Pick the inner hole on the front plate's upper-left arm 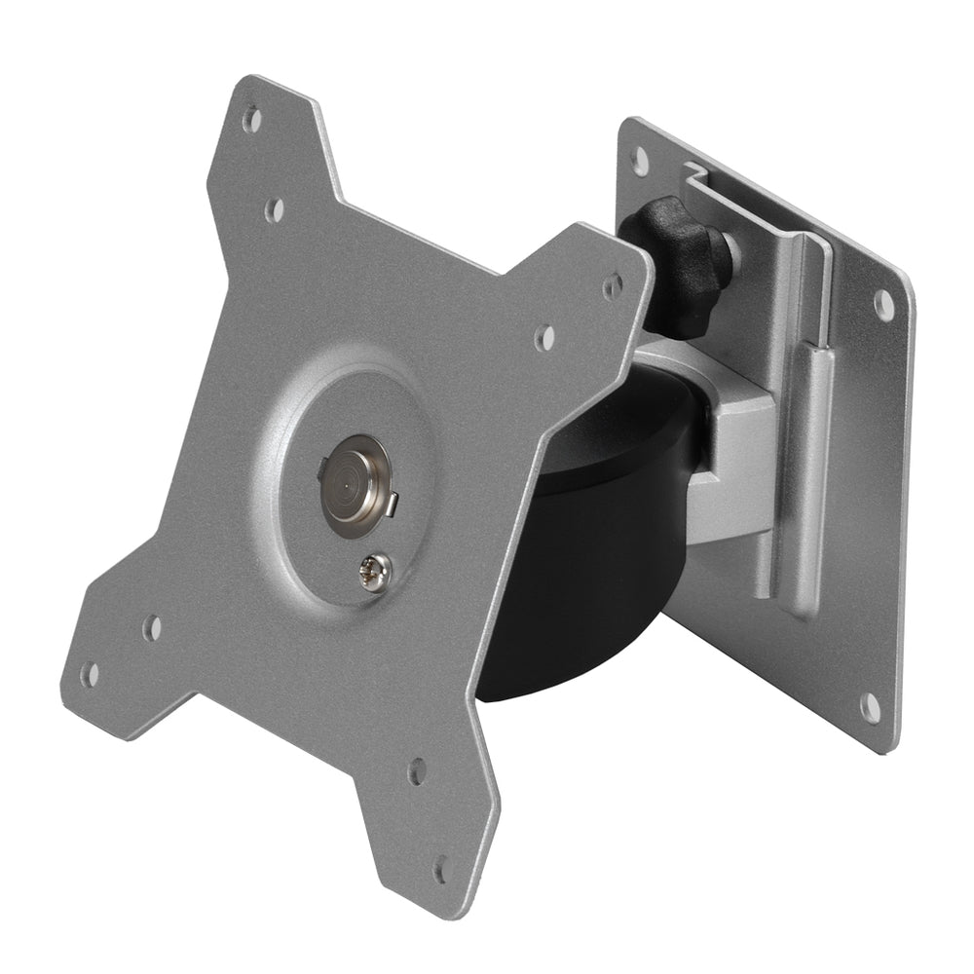click(x=275, y=207)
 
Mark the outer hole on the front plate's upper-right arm click(x=613, y=284)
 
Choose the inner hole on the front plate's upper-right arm click(x=546, y=337)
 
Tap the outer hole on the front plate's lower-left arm click(x=90, y=673)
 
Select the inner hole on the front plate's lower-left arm click(x=152, y=627)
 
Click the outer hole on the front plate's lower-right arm click(x=442, y=865)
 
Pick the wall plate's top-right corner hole click(x=884, y=304)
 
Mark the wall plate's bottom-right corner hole click(x=870, y=709)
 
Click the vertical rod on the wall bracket click(x=816, y=477)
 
